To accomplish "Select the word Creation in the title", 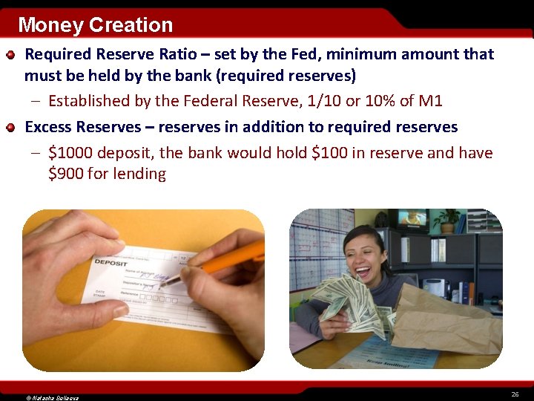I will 131,25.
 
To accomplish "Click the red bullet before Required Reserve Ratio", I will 11,55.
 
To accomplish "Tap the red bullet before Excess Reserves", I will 11,128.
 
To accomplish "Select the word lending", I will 139,174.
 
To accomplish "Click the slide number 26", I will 514,393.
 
